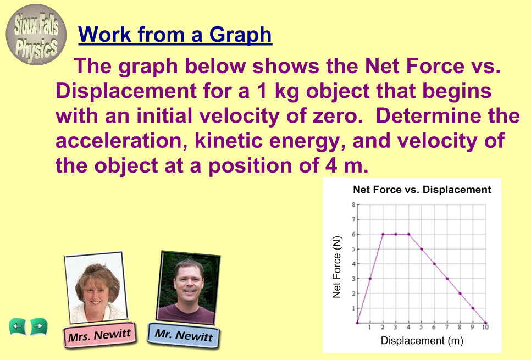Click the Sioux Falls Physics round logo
click(x=36, y=35)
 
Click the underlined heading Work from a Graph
click(x=175, y=35)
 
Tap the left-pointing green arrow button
click(x=17, y=326)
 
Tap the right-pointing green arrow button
click(x=39, y=326)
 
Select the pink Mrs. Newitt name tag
click(x=99, y=335)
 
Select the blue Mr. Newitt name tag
click(x=184, y=335)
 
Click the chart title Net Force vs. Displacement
click(x=422, y=190)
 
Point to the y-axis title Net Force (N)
click(x=336, y=267)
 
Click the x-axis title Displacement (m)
click(x=422, y=340)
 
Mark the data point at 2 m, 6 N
click(x=383, y=234)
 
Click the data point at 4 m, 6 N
click(x=409, y=234)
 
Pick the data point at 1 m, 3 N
click(x=370, y=279)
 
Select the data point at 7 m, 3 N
click(x=447, y=279)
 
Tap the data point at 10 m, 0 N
click(x=486, y=323)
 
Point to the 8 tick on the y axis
click(x=353, y=204)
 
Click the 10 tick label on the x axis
click(x=485, y=327)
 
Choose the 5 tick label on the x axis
click(x=421, y=327)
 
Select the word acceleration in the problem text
click(x=122, y=141)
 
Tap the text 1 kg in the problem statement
click(x=278, y=91)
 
